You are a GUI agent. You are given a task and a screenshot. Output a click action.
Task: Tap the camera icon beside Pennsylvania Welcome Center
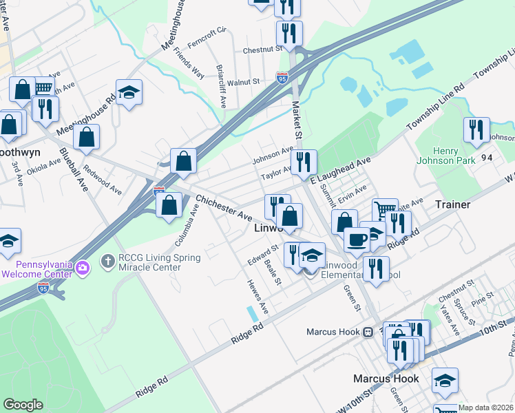82,267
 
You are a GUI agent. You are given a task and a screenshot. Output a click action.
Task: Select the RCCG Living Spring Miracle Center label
159,262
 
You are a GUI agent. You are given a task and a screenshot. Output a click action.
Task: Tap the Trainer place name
452,204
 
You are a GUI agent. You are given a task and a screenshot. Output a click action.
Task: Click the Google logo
23,405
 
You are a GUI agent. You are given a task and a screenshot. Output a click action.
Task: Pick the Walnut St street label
243,81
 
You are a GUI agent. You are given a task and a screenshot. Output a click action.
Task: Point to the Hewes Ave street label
257,301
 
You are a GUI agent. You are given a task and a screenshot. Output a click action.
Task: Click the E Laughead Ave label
340,169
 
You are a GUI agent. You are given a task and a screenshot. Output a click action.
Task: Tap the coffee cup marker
357,240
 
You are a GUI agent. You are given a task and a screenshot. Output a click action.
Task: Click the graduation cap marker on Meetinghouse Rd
129,92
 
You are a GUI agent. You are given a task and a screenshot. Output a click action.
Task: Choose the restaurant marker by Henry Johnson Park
476,129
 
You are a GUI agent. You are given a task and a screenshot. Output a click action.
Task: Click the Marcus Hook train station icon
368,332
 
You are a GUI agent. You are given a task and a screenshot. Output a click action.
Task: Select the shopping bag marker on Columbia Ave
169,204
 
